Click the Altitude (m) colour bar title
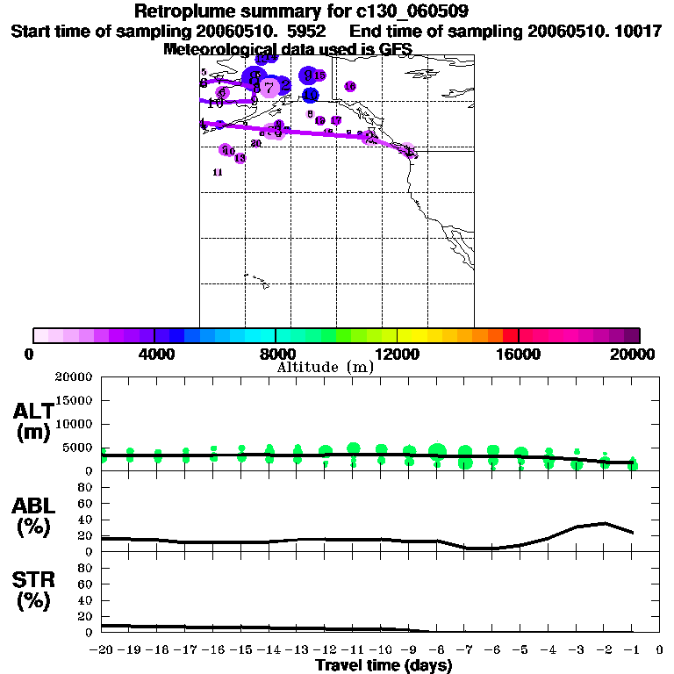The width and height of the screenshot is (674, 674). click(325, 367)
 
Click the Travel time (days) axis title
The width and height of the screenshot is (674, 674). click(384, 665)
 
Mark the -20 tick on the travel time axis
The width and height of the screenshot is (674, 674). click(103, 650)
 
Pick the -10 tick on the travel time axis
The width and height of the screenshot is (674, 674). click(381, 650)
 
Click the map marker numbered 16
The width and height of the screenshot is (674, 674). click(350, 86)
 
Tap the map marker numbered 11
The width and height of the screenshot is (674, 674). click(218, 173)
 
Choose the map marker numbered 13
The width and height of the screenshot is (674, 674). click(240, 158)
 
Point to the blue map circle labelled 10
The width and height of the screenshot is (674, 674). click(310, 95)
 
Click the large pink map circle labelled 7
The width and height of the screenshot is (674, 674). click(270, 87)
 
